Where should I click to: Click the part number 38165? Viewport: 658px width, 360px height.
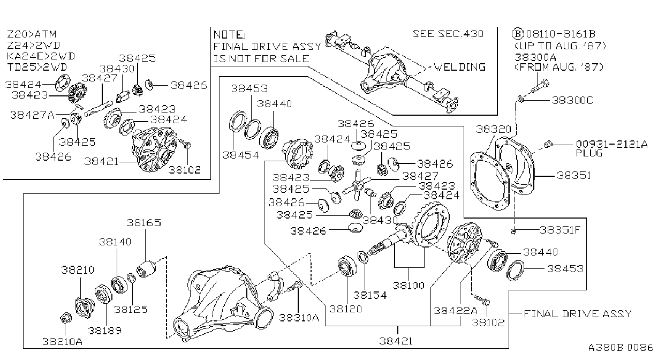(x=144, y=223)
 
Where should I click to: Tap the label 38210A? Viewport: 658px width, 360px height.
(x=62, y=341)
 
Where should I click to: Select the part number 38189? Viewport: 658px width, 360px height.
(x=104, y=331)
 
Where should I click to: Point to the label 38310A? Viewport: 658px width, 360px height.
(x=299, y=318)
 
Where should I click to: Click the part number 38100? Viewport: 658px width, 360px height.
(x=409, y=286)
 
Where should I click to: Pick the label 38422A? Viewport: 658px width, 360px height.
(x=455, y=311)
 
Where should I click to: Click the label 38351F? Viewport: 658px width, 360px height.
(x=560, y=230)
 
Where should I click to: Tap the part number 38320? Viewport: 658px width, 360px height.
(x=494, y=129)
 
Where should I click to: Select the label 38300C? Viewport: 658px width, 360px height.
(x=572, y=101)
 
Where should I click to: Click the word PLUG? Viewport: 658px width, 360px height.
(x=589, y=153)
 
